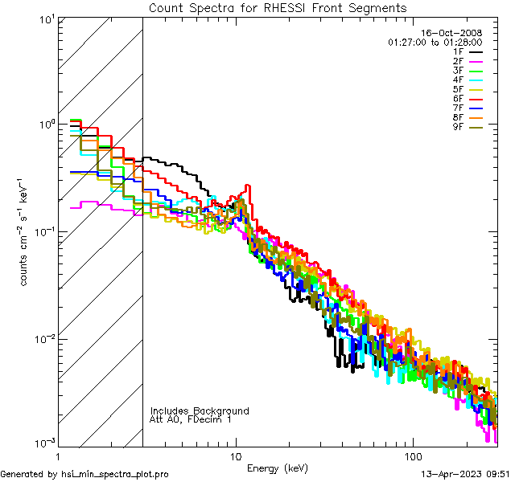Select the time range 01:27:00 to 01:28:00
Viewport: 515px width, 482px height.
coord(435,42)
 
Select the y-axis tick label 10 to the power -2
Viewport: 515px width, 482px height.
coord(41,338)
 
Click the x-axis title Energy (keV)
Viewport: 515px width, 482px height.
coord(278,468)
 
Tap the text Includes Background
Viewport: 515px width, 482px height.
coord(200,411)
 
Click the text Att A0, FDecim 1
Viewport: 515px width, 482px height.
coord(191,419)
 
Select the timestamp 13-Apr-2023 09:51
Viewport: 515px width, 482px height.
coord(464,474)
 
